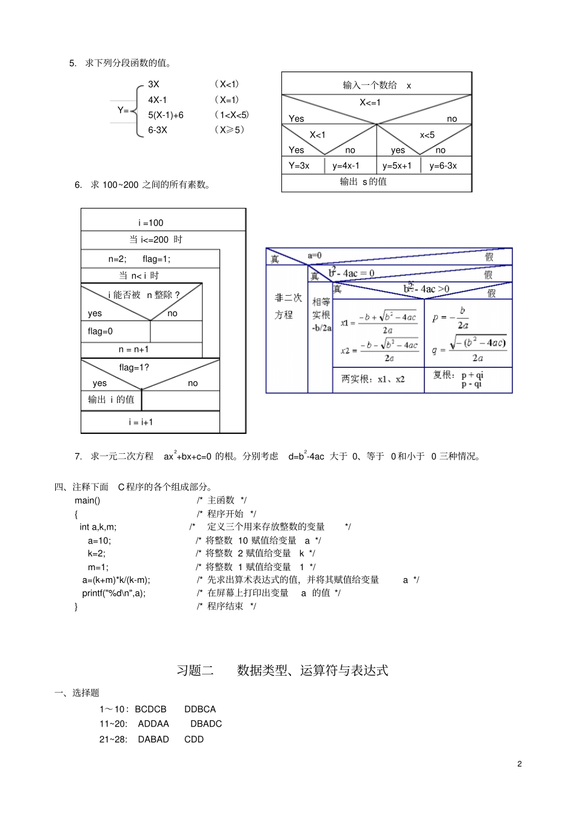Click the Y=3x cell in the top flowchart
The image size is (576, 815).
coord(299,165)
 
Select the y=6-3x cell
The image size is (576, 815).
coord(443,165)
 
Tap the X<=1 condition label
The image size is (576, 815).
coord(370,102)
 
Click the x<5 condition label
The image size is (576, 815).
coord(427,135)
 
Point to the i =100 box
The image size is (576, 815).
coord(150,222)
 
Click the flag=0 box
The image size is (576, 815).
coord(101,331)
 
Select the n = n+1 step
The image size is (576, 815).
coord(133,349)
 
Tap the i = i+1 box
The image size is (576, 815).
coord(141,422)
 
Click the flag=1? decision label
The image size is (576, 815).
coord(134,367)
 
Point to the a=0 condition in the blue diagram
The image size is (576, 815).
coord(315,256)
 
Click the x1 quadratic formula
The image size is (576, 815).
coord(380,322)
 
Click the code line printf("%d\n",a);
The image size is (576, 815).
coord(114,593)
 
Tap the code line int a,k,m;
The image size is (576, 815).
coord(98,527)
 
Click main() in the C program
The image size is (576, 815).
coord(87,500)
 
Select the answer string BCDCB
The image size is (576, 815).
coord(150,709)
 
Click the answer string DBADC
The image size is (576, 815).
coord(206,724)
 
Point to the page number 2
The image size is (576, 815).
coord(519,763)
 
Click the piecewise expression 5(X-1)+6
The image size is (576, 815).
coord(166,115)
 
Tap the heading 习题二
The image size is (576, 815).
coord(195,670)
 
